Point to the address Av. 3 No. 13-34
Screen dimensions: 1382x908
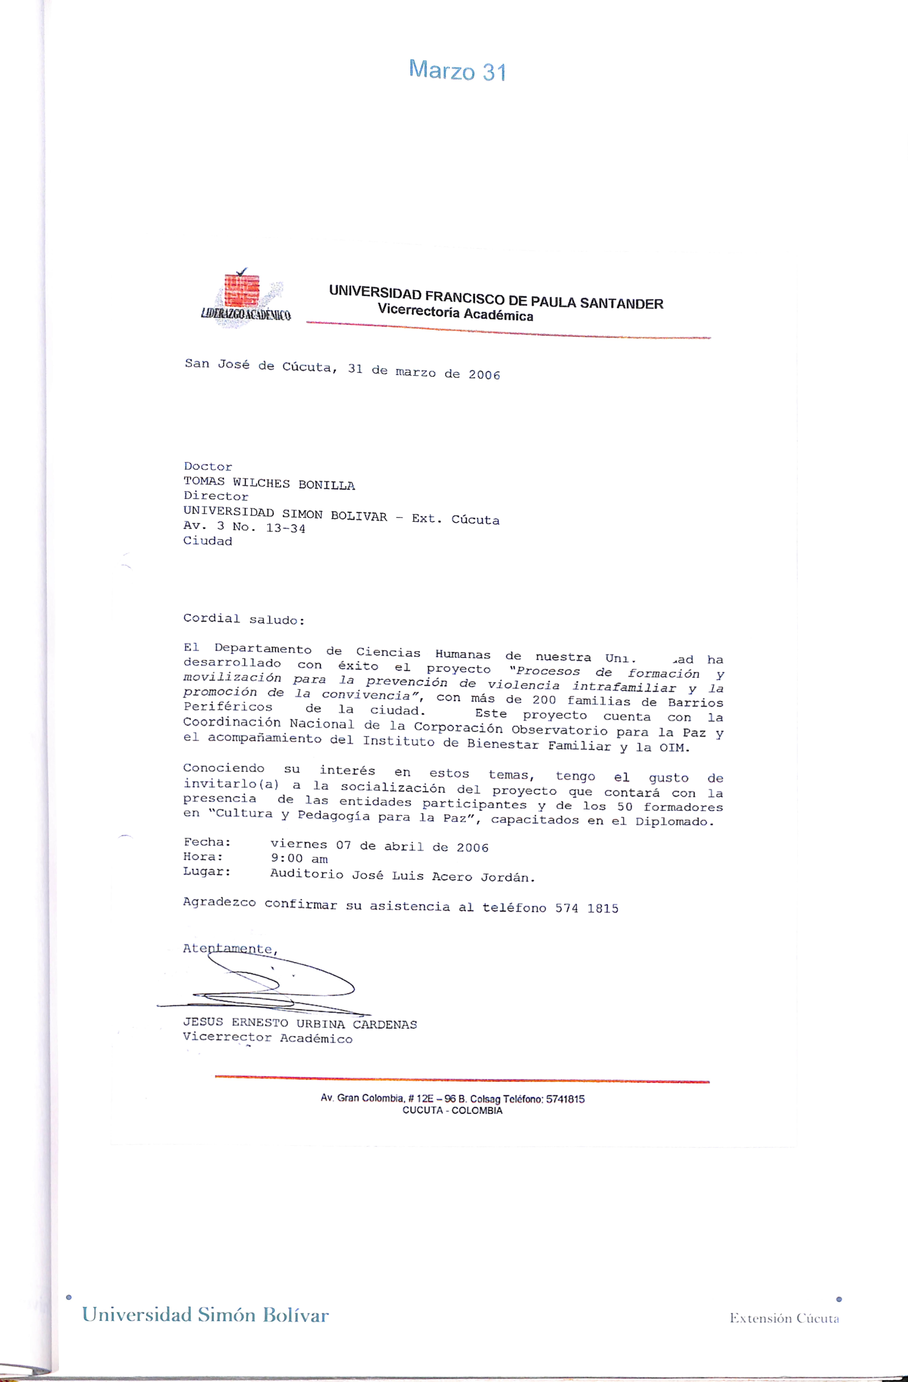coord(244,527)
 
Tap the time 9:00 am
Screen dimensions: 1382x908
coord(299,858)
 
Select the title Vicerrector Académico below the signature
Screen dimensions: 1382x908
coord(267,1038)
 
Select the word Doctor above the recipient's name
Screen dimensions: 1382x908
coord(208,466)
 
